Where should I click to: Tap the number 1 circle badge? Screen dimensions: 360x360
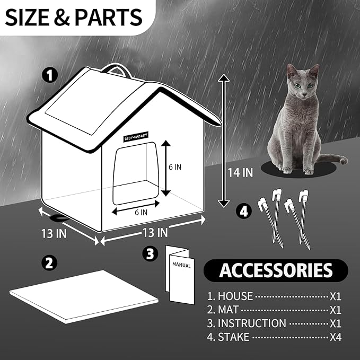point(51,76)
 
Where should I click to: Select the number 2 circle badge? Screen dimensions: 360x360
point(49,262)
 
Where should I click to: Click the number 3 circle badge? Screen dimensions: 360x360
point(152,254)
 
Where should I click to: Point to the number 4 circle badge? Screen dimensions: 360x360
point(243,211)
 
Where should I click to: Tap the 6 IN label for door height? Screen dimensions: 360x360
point(175,166)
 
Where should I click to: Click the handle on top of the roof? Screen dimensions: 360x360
point(118,68)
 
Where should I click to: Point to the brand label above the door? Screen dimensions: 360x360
point(137,135)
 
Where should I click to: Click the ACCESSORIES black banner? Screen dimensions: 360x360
point(276,270)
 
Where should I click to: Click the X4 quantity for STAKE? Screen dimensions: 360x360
point(335,337)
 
